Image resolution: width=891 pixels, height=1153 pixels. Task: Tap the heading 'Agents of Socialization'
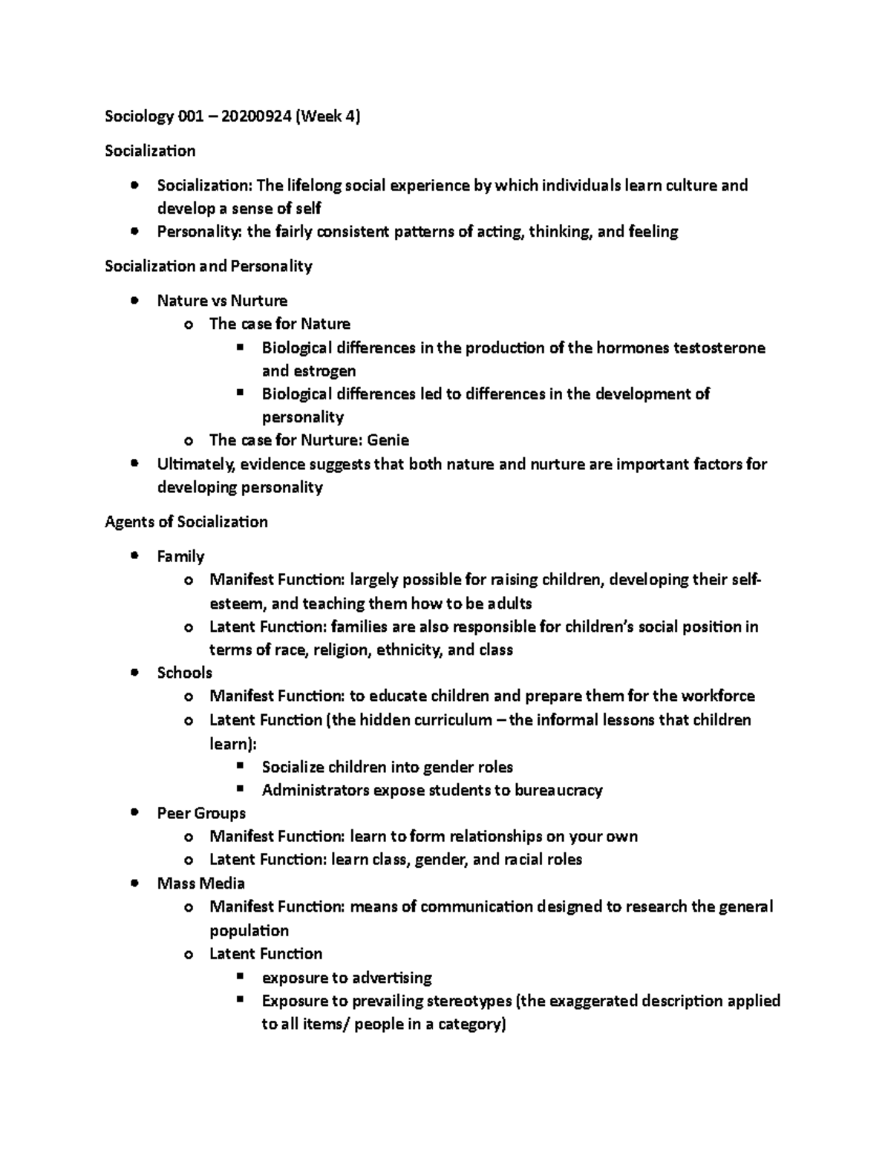pyautogui.click(x=186, y=522)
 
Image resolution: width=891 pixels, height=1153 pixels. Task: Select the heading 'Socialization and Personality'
pyautogui.click(x=209, y=266)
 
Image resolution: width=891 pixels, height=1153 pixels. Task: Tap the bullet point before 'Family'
pyautogui.click(x=134, y=556)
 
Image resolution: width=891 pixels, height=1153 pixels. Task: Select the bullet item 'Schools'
pyautogui.click(x=184, y=673)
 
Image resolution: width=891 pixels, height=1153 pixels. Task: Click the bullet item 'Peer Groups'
pyautogui.click(x=201, y=813)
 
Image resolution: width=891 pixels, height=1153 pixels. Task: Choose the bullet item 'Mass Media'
pyautogui.click(x=200, y=883)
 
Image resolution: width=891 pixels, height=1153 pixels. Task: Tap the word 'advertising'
pyautogui.click(x=391, y=978)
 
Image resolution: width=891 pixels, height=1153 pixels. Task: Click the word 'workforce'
pyautogui.click(x=718, y=696)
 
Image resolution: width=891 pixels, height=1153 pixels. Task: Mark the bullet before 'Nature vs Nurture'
pyautogui.click(x=134, y=301)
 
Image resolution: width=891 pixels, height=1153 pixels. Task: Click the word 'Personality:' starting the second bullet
pyautogui.click(x=199, y=232)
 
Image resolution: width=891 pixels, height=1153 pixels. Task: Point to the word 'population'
pyautogui.click(x=249, y=931)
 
